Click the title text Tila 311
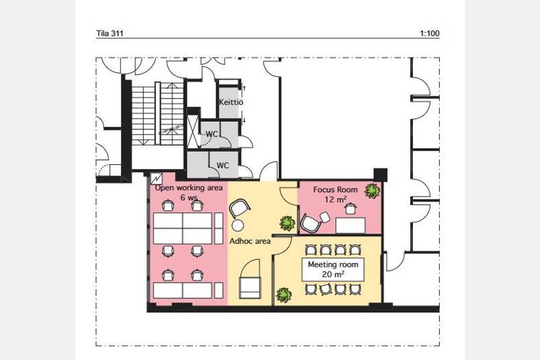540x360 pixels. coord(109,34)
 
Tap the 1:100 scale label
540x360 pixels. coord(430,34)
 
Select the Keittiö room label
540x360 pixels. coord(231,102)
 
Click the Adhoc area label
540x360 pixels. coord(250,241)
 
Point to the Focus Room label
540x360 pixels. coord(335,190)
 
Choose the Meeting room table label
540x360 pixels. coord(333,265)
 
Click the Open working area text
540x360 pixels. coord(189,188)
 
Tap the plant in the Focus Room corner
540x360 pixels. coord(372,190)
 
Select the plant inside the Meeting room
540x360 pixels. coord(284,295)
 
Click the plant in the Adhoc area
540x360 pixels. coord(287,223)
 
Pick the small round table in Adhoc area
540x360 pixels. coord(237,225)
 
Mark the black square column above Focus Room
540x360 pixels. coord(381,175)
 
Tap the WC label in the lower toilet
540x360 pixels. coord(223,166)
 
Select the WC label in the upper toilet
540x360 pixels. coord(212,134)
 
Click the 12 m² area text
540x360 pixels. coord(335,199)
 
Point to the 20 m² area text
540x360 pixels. coord(333,274)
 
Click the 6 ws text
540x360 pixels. coord(189,197)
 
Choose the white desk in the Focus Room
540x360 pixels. coord(350,225)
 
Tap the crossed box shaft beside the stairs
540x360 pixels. coord(192,132)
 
